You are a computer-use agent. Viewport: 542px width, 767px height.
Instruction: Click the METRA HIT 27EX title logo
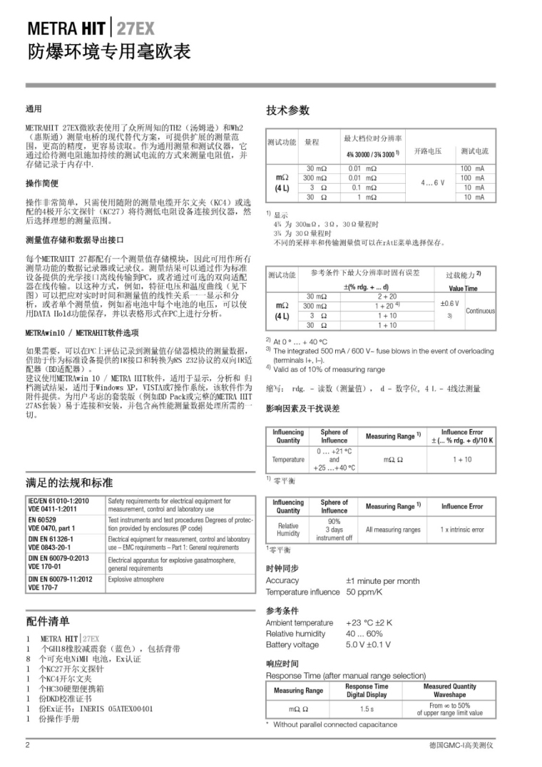point(91,29)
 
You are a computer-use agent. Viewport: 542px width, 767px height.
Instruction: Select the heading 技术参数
point(288,110)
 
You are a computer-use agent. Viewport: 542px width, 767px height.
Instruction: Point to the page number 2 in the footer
point(28,745)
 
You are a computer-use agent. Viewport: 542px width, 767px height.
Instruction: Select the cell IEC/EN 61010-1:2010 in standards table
point(59,501)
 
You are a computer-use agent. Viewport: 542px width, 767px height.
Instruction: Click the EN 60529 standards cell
point(43,520)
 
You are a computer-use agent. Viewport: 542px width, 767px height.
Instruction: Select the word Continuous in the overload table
point(480,311)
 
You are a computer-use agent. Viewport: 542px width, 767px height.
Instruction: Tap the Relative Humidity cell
point(288,530)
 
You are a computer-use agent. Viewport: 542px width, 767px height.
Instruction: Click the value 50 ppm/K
point(364,592)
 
